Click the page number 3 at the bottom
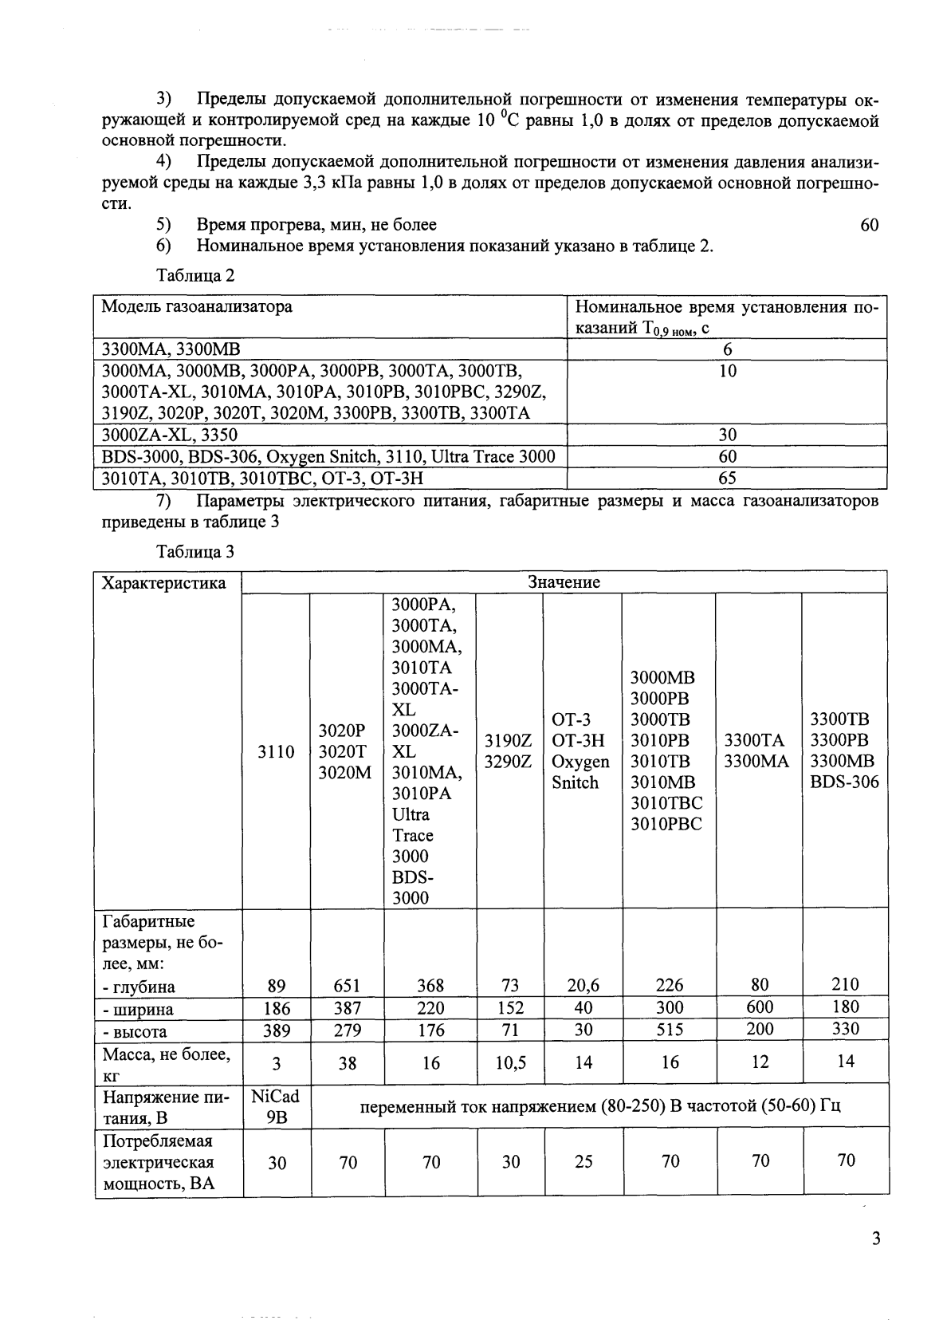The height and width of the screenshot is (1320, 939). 876,1239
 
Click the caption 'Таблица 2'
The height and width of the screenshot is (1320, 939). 195,276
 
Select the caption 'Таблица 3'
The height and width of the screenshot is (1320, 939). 195,551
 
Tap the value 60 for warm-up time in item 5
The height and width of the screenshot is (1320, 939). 869,225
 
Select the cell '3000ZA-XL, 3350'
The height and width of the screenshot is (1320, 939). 169,435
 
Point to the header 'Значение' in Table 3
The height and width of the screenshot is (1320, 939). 564,582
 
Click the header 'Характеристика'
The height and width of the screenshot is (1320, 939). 164,583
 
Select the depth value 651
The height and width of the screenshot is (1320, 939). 347,986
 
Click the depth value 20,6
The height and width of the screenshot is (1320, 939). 583,986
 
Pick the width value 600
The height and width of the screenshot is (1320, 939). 759,1007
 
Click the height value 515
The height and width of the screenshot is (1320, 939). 669,1030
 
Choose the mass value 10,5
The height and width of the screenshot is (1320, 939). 510,1062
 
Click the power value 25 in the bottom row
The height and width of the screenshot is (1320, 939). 583,1162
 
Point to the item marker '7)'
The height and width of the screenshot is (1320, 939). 164,501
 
